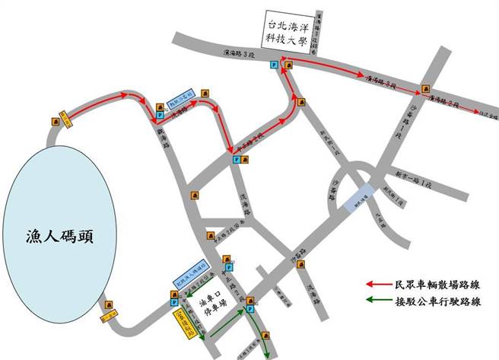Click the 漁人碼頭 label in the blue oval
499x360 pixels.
(x=58, y=239)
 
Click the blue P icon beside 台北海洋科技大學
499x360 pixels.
(x=274, y=67)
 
